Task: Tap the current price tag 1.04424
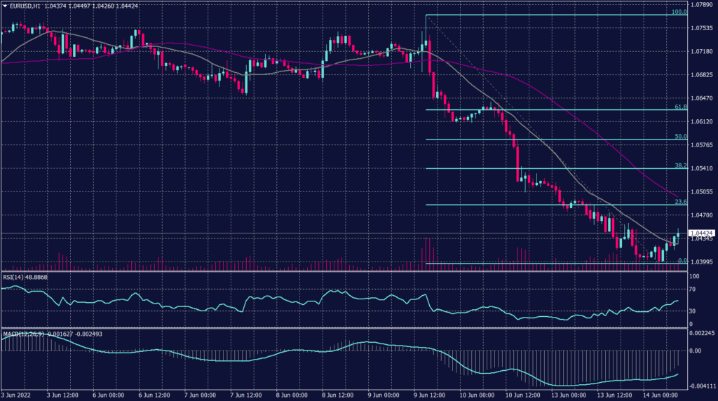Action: [702, 233]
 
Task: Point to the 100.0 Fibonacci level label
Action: [679, 12]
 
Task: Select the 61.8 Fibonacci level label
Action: [679, 107]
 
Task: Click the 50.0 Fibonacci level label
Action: [679, 137]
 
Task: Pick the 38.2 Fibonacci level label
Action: [679, 166]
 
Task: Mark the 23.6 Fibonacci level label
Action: [679, 202]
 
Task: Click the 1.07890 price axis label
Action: [701, 5]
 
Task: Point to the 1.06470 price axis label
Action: [701, 98]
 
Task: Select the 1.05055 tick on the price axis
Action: [701, 191]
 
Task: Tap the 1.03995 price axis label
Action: [701, 261]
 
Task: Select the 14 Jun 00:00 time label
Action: [659, 395]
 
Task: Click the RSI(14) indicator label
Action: [15, 278]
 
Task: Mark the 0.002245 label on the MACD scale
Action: [701, 333]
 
